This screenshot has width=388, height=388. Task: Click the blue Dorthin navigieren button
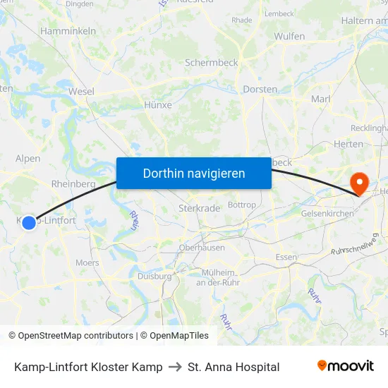194,173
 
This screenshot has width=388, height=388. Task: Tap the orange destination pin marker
359,183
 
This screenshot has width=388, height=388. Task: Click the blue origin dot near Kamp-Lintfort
29,223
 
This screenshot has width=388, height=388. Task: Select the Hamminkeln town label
68,32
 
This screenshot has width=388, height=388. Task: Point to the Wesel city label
81,92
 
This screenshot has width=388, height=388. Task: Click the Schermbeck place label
211,63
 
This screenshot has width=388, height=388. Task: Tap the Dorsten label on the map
260,90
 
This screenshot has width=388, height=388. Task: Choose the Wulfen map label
289,36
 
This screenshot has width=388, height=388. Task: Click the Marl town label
320,99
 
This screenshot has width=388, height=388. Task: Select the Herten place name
348,145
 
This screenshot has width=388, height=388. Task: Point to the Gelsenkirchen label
327,213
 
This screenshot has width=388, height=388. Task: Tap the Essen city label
286,257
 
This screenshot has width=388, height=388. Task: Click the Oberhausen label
202,248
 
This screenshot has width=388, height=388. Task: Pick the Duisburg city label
154,277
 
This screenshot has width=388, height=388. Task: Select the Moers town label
87,262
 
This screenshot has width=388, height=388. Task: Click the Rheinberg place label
73,184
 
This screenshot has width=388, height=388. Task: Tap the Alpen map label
28,159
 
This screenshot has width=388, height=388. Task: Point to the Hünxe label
157,105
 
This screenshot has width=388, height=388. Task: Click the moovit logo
346,366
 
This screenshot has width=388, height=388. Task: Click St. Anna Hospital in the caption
234,367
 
